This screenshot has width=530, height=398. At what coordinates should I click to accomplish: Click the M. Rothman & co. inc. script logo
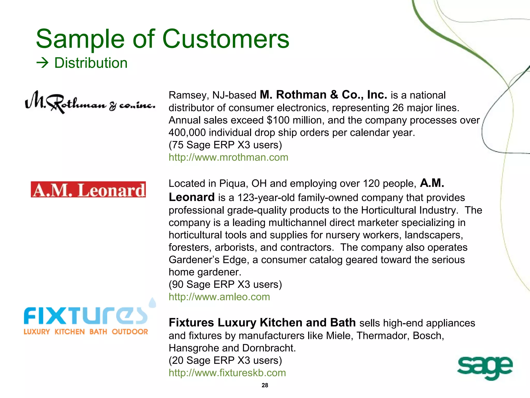point(90,103)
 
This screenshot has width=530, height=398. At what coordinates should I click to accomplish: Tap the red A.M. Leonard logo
point(88,190)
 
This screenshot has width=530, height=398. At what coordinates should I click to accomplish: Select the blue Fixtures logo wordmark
point(85,316)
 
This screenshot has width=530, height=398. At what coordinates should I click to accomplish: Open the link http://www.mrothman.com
point(228,157)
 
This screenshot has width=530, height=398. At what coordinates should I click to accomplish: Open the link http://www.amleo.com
point(219,297)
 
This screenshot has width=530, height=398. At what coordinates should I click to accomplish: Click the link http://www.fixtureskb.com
point(227,373)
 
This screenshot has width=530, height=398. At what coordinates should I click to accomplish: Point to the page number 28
point(265,385)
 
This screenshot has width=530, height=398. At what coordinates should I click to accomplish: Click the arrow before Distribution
point(42,63)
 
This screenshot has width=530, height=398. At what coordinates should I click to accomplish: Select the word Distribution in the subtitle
point(91,63)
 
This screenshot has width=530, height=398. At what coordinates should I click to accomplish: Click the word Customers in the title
point(226,39)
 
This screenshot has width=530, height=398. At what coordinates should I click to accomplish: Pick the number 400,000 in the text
point(187,133)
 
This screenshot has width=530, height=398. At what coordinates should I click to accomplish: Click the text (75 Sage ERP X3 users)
point(225,145)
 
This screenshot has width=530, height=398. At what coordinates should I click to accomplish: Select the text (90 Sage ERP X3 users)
point(225,284)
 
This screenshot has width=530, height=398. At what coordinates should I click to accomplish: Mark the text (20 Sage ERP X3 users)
point(225,360)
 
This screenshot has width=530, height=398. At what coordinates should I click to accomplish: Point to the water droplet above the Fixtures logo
point(152,302)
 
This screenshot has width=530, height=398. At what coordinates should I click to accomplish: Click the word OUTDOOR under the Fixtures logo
point(130,332)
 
